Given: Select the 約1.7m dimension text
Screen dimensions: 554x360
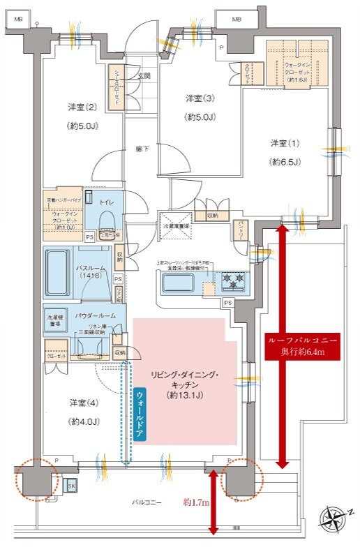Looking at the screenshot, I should [x=196, y=502].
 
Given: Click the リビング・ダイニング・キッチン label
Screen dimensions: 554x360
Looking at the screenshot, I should [x=186, y=385].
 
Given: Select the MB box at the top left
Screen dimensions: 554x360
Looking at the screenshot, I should [x=19, y=19].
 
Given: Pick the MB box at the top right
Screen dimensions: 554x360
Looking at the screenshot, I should [x=237, y=18].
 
